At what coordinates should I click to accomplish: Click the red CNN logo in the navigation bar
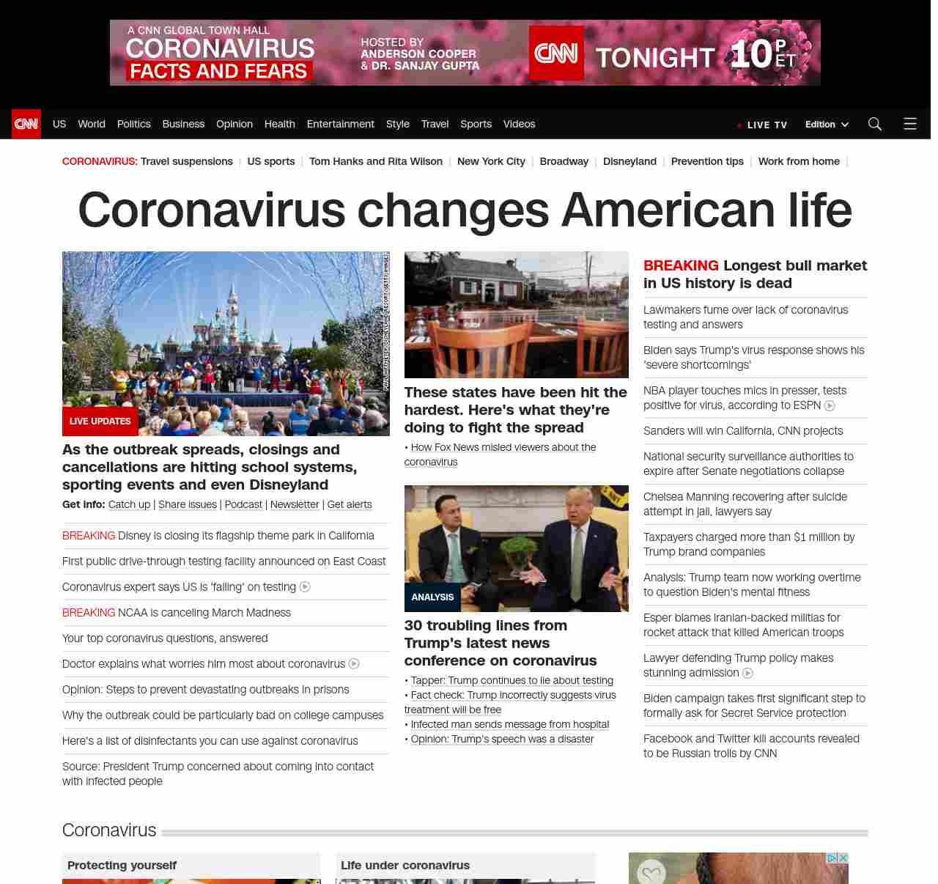click(26, 124)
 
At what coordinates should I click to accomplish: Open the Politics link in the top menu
click(133, 124)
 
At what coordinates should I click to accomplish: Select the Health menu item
click(279, 124)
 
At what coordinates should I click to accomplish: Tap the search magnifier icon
click(874, 124)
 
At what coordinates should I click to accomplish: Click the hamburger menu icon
click(909, 124)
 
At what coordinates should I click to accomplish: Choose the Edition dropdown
click(826, 125)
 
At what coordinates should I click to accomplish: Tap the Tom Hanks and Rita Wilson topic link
click(375, 161)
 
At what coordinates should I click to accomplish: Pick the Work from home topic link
click(798, 161)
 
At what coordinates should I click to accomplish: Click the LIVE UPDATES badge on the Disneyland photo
click(100, 421)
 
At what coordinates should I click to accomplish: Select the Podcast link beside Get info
click(243, 504)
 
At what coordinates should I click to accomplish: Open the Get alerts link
click(349, 504)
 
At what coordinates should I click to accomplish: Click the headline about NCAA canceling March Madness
click(204, 613)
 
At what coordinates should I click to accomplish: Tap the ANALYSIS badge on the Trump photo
click(432, 597)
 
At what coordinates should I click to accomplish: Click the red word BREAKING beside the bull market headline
click(681, 265)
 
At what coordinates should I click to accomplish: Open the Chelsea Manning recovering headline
click(745, 504)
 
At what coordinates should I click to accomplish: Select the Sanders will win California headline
click(742, 431)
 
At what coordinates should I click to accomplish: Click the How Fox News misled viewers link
click(503, 447)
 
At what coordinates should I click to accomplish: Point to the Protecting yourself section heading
click(122, 865)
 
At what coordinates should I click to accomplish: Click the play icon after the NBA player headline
click(830, 405)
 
